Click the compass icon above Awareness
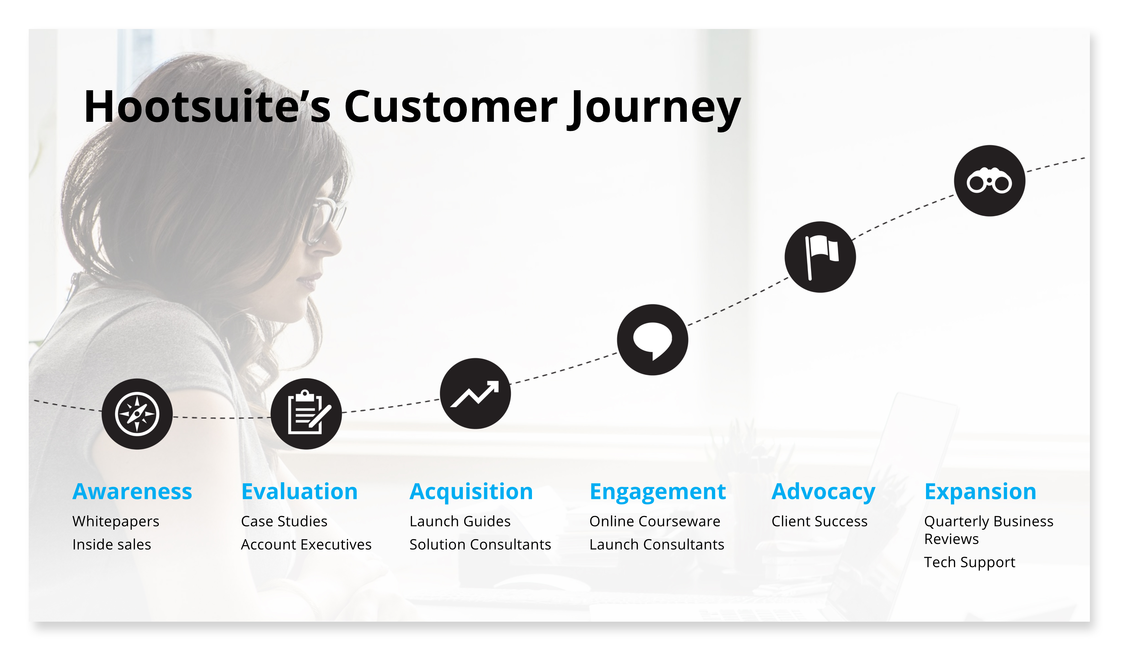point(137,414)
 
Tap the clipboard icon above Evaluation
point(306,414)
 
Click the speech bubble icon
point(652,340)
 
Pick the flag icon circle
point(820,257)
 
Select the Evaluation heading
point(300,491)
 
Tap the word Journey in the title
point(654,109)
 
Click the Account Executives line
point(306,544)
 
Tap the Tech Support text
point(970,563)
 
